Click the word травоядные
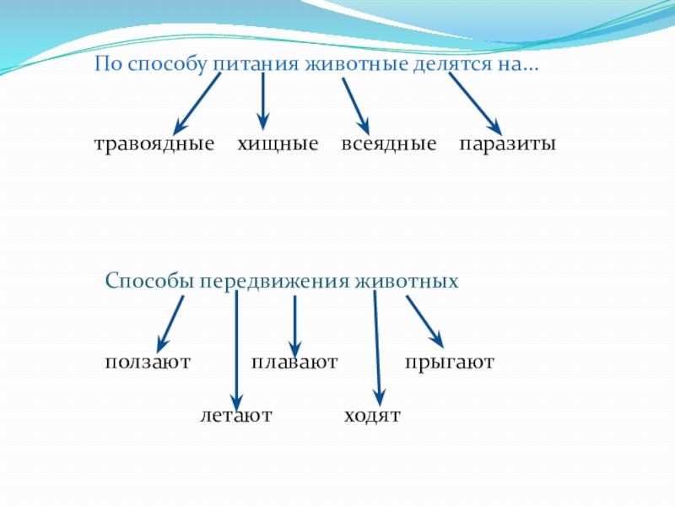154,145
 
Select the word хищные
278,144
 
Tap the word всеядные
389,144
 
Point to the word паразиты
507,144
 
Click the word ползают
148,363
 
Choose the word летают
236,416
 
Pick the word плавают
294,363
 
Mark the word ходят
372,416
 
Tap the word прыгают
449,363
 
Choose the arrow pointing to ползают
171,323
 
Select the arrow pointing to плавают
294,325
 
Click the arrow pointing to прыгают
424,320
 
